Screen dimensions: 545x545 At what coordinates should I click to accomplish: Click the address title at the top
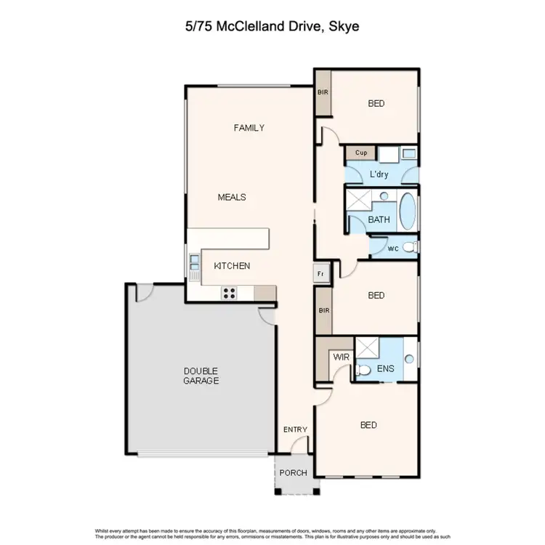coord(272,28)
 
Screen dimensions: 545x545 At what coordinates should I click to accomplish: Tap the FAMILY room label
coord(249,128)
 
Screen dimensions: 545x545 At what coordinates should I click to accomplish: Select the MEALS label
coord(232,197)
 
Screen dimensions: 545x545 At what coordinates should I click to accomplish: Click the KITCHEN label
coord(232,266)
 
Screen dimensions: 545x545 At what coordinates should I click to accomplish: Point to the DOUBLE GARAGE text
coord(201,376)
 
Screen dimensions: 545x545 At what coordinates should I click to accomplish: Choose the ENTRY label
coord(295,429)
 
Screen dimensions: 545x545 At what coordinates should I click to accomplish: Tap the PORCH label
coord(294,473)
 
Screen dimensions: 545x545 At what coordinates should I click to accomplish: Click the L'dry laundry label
coord(380,175)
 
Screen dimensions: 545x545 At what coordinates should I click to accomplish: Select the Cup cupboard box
coord(360,153)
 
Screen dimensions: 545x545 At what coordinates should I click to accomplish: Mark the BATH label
coord(379,219)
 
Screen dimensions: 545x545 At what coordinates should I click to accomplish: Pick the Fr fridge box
coord(320,273)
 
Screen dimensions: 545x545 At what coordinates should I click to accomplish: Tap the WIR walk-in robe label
coord(340,358)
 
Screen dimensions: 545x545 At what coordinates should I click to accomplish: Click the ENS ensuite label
coord(385,369)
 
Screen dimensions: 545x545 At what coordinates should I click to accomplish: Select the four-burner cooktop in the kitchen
coord(230,293)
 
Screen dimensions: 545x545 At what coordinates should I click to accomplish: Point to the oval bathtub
coord(408,211)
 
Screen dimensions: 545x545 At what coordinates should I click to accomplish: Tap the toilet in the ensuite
coord(362,370)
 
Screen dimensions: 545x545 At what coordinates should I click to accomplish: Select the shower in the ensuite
coord(368,349)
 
